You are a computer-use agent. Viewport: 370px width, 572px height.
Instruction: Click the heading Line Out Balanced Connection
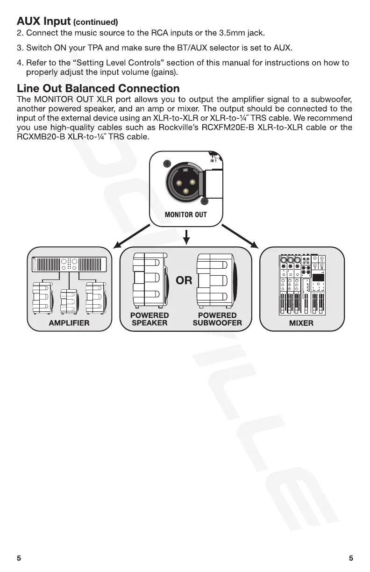98,88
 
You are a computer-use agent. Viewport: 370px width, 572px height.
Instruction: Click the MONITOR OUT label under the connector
185,214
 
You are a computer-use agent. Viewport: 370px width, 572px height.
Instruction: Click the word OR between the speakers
184,281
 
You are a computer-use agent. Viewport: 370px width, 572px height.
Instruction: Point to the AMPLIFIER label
69,323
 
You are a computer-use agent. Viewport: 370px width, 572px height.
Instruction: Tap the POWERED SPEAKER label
149,319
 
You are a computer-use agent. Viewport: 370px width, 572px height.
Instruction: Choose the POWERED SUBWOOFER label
217,319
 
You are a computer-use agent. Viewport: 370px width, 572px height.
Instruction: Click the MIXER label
301,323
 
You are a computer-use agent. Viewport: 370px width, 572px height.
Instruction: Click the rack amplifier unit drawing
69,265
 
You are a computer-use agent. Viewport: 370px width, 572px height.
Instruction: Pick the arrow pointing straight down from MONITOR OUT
186,236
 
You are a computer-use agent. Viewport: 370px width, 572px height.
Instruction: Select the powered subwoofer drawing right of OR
216,279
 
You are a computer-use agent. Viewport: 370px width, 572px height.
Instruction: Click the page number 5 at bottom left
19,558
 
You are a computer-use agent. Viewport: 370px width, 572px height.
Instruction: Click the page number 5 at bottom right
351,558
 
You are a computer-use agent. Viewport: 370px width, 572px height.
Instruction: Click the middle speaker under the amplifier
69,300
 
